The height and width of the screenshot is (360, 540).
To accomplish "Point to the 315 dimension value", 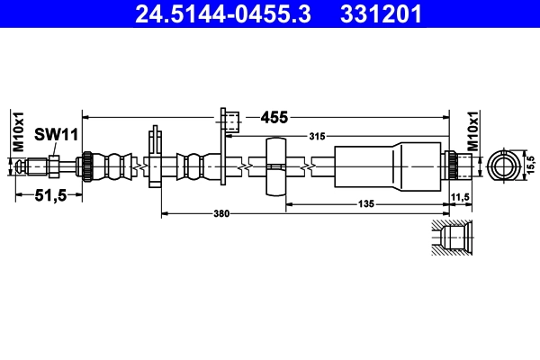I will tap(316, 137).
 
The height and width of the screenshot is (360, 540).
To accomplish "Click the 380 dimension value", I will tap(221, 213).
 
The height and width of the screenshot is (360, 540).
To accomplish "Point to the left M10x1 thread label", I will tap(18, 132).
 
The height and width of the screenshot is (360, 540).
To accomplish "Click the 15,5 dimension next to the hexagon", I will tap(531, 166).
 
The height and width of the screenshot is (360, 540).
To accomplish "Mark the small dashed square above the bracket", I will tap(229, 120).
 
